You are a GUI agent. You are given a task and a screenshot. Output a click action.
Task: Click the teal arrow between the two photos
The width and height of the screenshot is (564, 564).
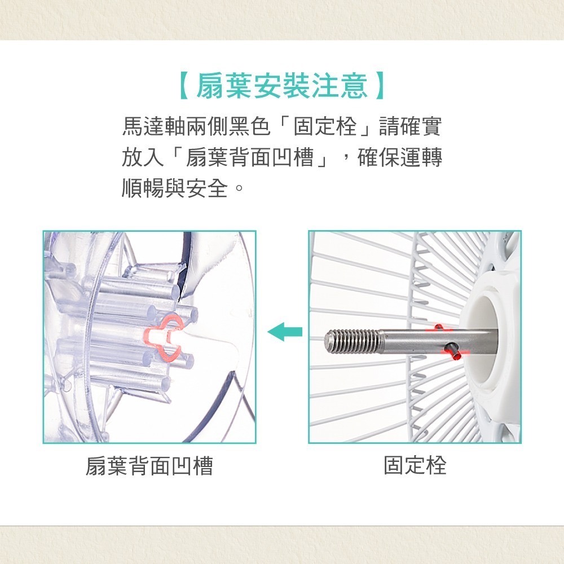coord(284,332)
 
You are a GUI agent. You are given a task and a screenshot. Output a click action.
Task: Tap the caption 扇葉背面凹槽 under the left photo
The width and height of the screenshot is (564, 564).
coord(149,466)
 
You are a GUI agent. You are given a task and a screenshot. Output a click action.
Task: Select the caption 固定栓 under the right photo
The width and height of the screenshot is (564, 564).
coord(415,466)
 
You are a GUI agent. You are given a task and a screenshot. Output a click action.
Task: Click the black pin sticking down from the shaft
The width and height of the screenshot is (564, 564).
coord(451,350)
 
